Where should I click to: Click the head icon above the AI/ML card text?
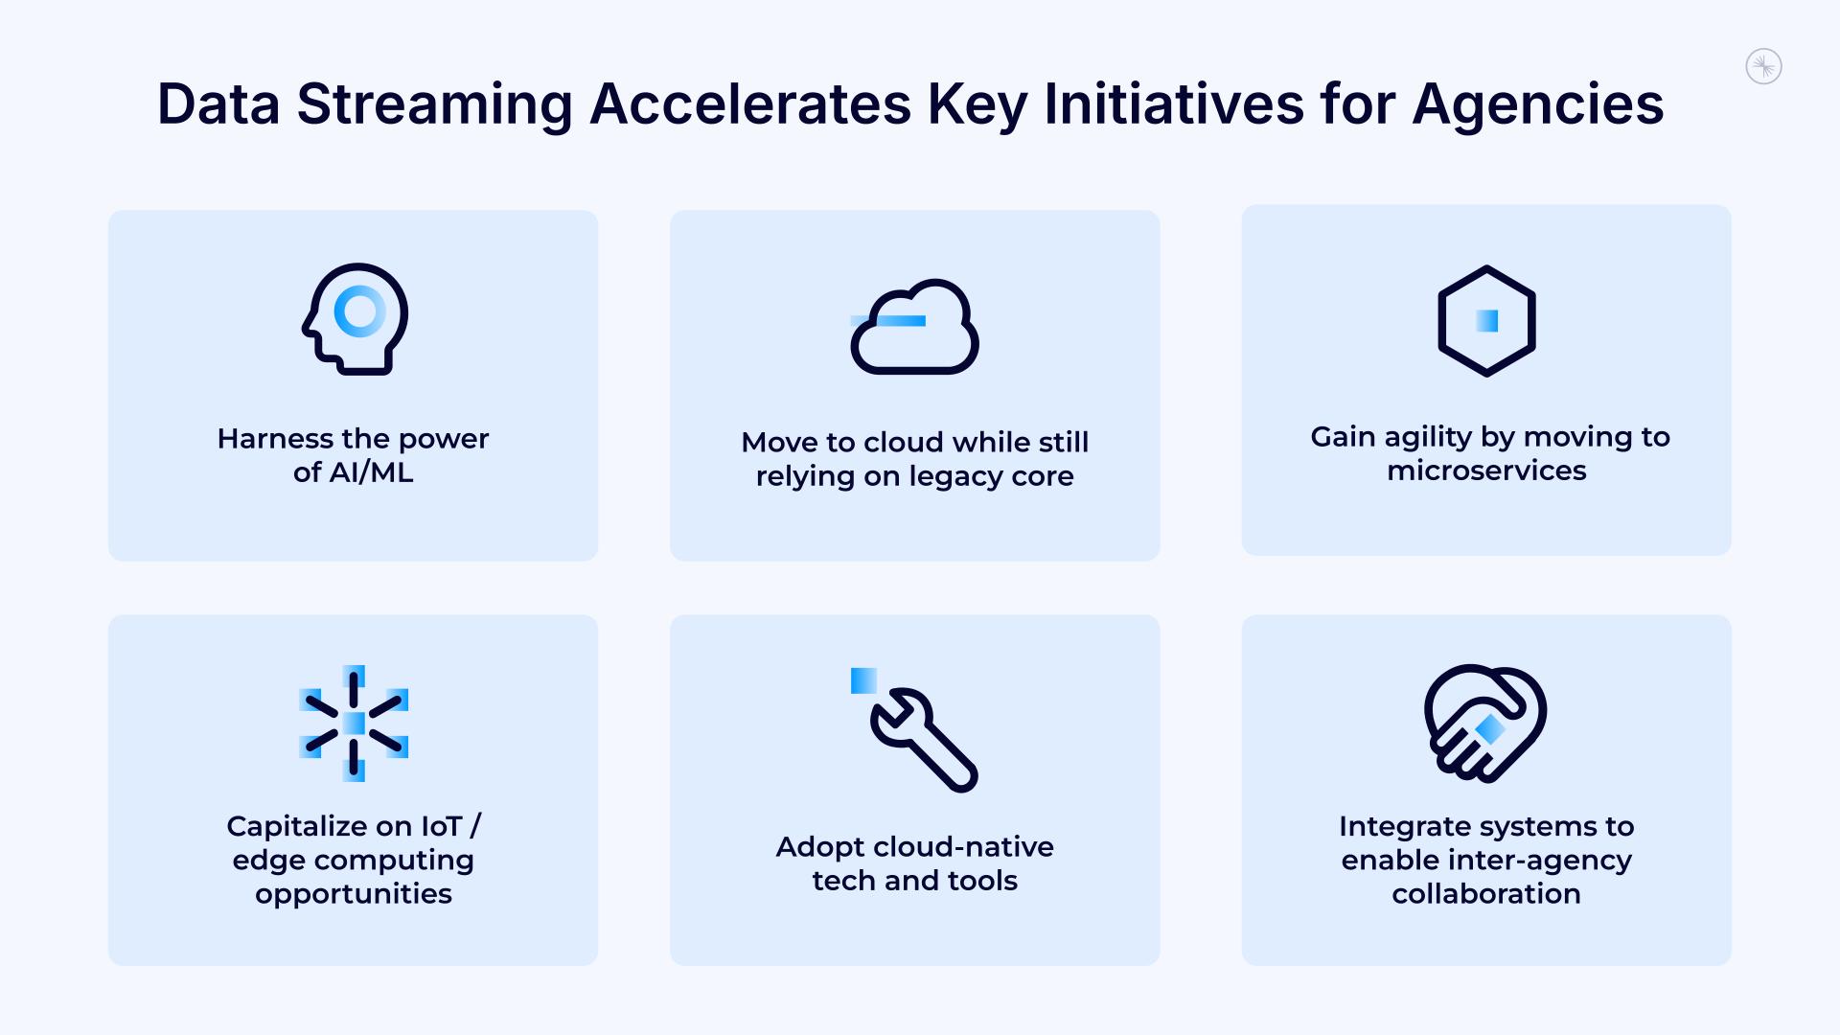point(355,319)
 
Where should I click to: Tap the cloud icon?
point(915,328)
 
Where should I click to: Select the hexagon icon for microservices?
point(1486,321)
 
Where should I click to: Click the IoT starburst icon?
point(354,724)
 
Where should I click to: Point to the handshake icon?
point(1485,724)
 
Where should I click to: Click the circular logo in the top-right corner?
point(1763,67)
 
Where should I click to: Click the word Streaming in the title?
point(434,104)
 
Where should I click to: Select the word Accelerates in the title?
point(750,104)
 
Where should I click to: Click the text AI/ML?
point(371,472)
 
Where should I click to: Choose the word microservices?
point(1486,471)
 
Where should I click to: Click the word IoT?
point(441,826)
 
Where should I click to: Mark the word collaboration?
point(1486,894)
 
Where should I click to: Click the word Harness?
point(274,439)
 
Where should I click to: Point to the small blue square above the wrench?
point(863,680)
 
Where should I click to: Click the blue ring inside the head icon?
point(359,311)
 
